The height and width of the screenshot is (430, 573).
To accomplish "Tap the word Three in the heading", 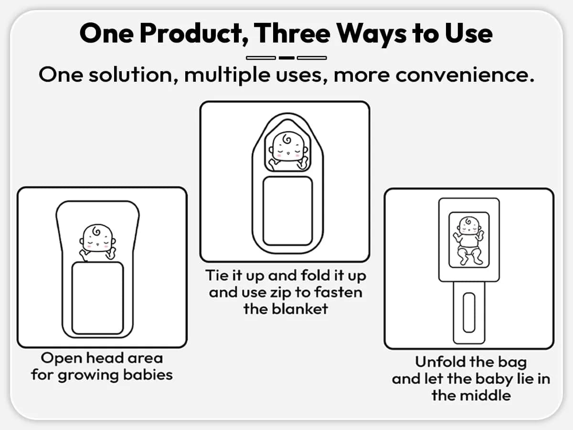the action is click(292, 33).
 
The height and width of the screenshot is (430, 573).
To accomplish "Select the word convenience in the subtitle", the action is click(465, 75).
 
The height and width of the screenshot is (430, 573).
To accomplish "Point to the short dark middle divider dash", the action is click(286, 58).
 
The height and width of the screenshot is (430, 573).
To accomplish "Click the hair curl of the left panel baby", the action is click(96, 231).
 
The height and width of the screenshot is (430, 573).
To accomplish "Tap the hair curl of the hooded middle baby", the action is click(287, 139).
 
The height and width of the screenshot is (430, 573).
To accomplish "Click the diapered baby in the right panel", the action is click(468, 240).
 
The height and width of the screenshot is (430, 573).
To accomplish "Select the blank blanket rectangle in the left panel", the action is click(97, 298).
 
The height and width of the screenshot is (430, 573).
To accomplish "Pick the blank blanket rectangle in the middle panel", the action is click(287, 211).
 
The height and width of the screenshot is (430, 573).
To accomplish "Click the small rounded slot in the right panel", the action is click(469, 312).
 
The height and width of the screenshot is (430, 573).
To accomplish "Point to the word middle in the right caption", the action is click(485, 396).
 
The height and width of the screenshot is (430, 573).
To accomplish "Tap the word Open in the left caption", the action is click(61, 359).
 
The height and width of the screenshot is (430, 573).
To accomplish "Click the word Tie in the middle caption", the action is click(215, 275).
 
